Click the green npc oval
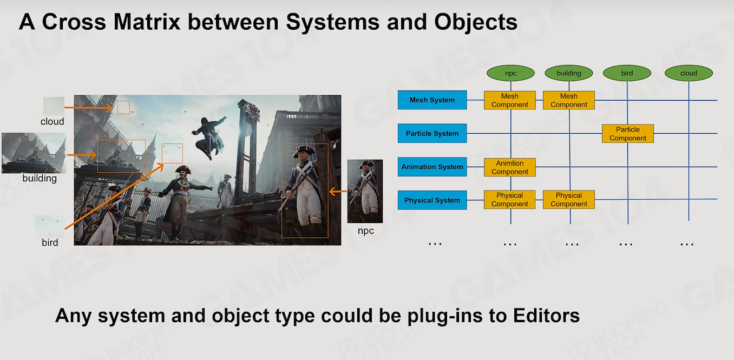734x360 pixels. [510, 73]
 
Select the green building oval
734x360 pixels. [569, 73]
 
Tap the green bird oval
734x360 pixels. [627, 73]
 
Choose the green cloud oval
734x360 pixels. [689, 73]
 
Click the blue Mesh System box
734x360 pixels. [432, 100]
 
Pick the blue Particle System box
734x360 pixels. [432, 133]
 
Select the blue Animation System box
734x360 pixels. [432, 167]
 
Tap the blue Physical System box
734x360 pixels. [432, 200]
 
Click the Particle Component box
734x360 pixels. [628, 134]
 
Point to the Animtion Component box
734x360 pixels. [510, 167]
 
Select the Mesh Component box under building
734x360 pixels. [569, 100]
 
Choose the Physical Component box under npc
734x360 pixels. [509, 200]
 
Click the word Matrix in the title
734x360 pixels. [147, 22]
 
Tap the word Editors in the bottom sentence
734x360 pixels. [546, 316]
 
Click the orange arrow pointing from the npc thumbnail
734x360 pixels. [338, 191]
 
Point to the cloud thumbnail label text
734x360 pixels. [52, 121]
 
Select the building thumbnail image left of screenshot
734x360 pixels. [34, 153]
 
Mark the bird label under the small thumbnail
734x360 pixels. [50, 243]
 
